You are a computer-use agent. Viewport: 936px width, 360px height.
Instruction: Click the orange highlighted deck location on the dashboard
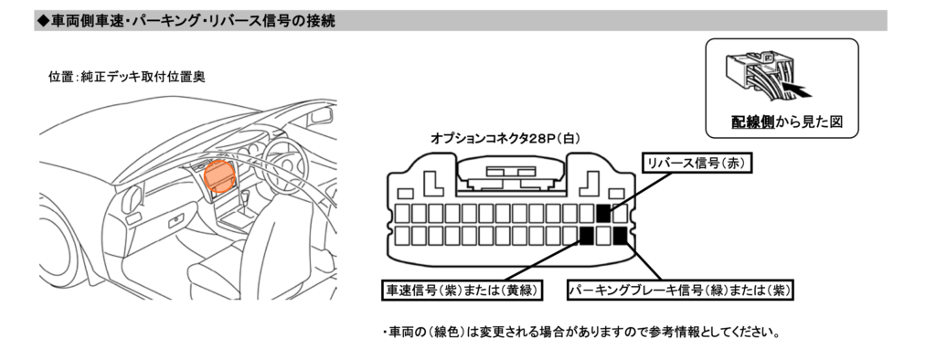220,175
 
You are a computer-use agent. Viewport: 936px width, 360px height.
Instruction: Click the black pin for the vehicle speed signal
586,237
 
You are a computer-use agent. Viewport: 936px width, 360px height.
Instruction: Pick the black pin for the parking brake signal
621,237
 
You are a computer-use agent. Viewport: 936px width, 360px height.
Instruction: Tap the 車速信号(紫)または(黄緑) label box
463,291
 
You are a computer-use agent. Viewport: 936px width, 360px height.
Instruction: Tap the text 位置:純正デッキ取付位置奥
126,77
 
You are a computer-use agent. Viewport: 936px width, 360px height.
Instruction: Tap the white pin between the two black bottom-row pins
603,237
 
